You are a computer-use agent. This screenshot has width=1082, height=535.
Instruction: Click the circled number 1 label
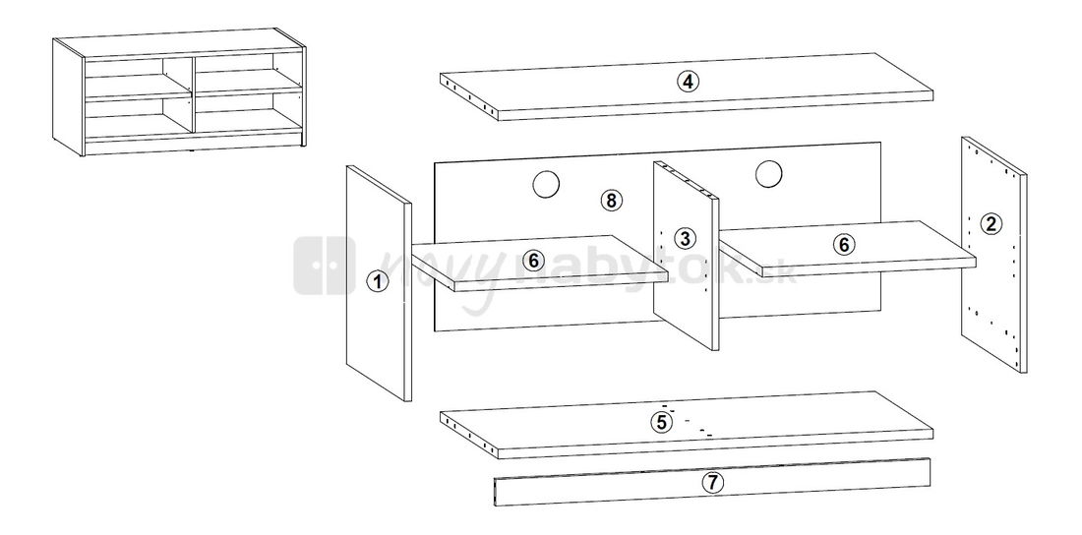coord(377,281)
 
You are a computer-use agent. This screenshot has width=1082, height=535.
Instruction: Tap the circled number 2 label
coord(991,223)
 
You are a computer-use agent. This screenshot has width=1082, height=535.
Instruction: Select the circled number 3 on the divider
coord(685,238)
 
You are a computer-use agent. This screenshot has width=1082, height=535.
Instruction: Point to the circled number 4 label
coord(688,82)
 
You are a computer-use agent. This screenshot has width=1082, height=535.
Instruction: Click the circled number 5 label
coord(661,421)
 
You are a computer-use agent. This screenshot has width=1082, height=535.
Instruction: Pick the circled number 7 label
coord(713,483)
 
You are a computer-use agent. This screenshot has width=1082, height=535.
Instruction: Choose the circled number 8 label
coord(611,201)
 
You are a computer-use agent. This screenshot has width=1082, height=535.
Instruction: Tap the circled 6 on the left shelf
coord(533,261)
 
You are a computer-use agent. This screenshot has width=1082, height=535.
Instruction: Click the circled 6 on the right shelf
coord(843,244)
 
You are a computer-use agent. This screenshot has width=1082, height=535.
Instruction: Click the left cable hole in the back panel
coord(546,184)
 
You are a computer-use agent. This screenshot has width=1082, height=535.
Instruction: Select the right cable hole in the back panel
coord(768,174)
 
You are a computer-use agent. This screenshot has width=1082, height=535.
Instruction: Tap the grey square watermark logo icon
coord(325,266)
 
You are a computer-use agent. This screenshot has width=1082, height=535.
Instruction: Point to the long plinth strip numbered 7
coord(712,482)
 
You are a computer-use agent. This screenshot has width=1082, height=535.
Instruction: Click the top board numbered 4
coord(687,87)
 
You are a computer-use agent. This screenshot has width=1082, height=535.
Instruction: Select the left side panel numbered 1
coord(378,283)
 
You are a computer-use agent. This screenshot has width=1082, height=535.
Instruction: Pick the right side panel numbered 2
coord(993,255)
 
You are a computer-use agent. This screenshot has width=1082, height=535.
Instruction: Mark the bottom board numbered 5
coord(687,425)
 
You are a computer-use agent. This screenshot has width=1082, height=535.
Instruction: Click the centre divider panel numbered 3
coord(686,256)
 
